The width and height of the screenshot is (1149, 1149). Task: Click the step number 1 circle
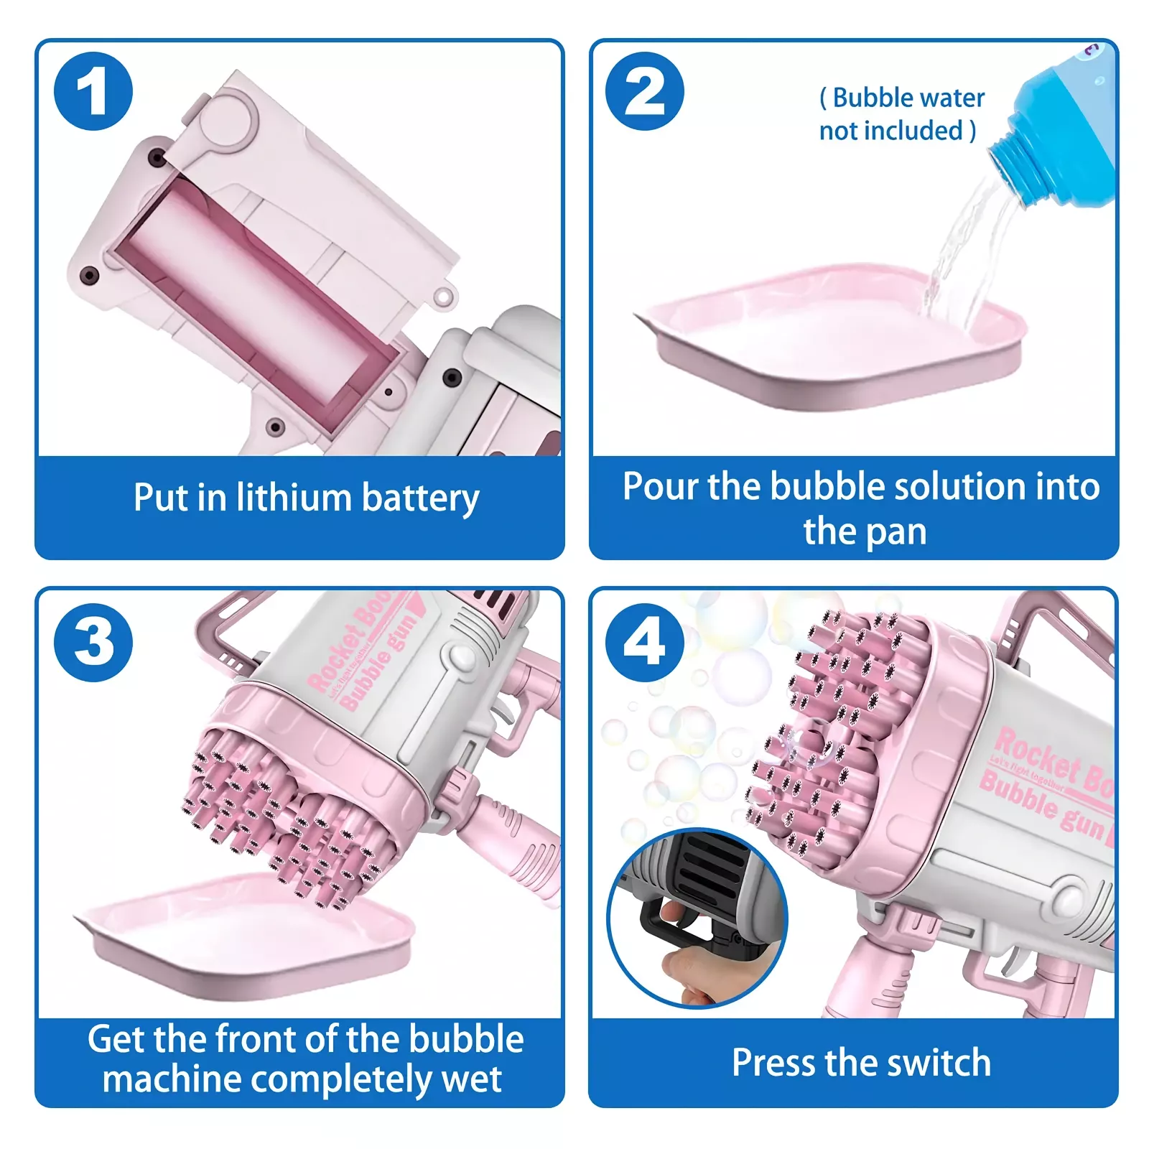pyautogui.click(x=93, y=91)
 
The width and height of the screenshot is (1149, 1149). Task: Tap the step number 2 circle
pyautogui.click(x=645, y=91)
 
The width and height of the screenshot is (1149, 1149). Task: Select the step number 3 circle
pyautogui.click(x=93, y=642)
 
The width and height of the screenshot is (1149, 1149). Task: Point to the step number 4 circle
pyautogui.click(x=645, y=642)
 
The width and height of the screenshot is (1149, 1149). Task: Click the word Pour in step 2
pyautogui.click(x=660, y=487)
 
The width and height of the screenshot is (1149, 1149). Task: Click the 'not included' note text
pyautogui.click(x=897, y=131)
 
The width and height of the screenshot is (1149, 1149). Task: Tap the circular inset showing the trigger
pyautogui.click(x=697, y=918)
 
